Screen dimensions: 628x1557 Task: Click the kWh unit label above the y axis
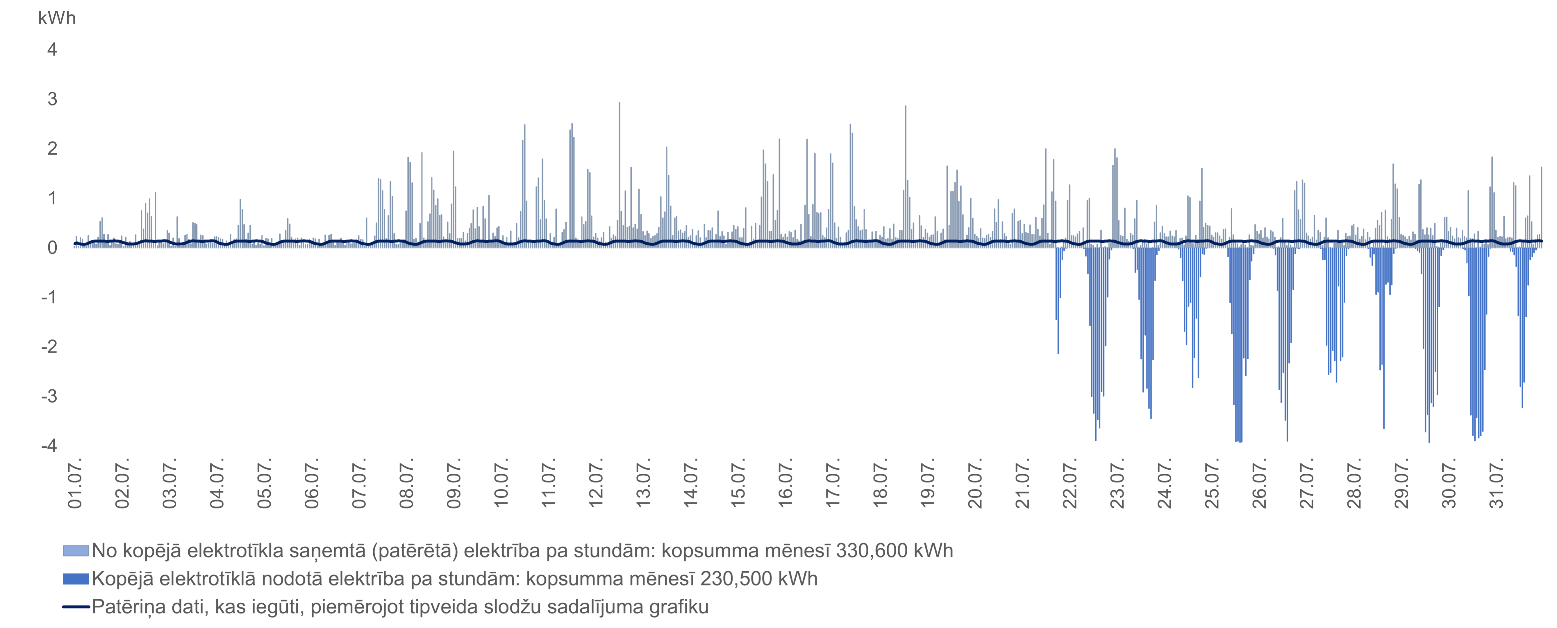[x=57, y=18]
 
